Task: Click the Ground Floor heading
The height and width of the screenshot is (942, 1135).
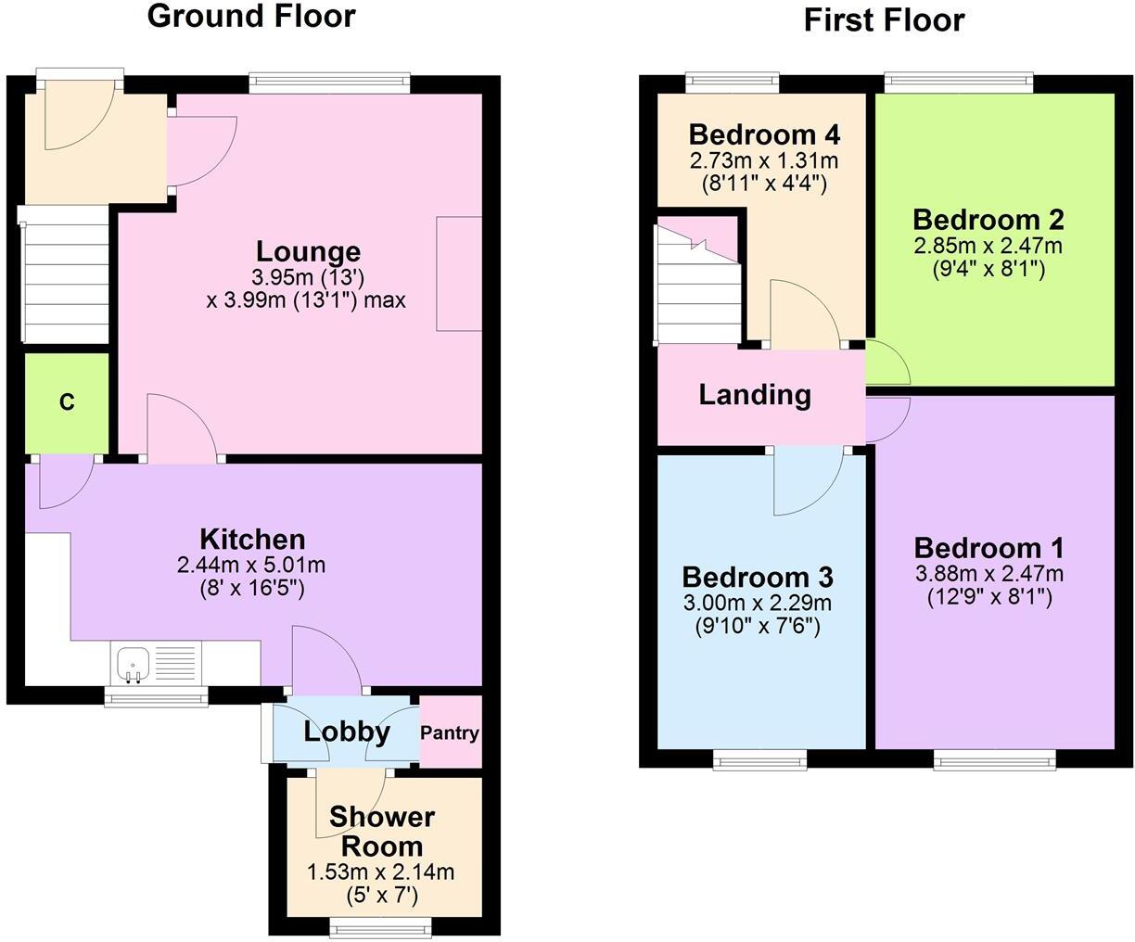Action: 251,17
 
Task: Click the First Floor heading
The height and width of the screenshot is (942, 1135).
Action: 884,20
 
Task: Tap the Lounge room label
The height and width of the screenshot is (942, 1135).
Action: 308,251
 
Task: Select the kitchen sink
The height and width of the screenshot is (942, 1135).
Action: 133,664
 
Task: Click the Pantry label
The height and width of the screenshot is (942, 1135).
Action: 450,733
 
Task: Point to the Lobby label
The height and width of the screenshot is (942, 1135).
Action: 347,732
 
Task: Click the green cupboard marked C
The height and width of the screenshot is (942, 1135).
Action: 67,402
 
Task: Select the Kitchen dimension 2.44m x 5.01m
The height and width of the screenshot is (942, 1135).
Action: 251,566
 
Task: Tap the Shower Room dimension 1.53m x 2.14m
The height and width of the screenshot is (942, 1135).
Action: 380,872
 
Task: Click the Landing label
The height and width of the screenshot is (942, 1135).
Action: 755,395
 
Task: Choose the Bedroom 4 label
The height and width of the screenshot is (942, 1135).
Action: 764,134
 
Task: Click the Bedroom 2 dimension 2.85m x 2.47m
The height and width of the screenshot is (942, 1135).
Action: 988,246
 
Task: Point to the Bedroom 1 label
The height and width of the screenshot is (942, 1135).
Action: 988,548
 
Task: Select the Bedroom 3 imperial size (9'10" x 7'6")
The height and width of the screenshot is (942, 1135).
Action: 758,628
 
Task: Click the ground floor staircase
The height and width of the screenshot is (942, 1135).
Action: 64,274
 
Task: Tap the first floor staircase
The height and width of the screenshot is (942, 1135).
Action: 698,282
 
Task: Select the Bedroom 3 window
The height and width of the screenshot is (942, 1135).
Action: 759,759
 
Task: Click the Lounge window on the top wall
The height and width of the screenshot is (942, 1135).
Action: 329,83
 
